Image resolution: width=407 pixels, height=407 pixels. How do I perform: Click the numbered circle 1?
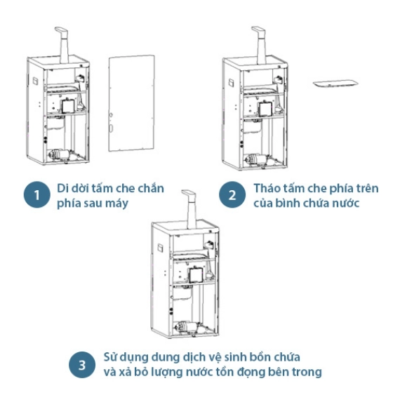point(37,194)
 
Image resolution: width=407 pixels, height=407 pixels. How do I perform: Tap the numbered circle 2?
point(232,194)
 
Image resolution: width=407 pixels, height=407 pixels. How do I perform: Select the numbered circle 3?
point(82,365)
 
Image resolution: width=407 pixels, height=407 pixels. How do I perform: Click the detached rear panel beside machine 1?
point(132,103)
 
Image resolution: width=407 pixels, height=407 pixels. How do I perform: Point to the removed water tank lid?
point(335,84)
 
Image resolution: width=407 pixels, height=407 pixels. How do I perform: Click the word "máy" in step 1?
point(119,203)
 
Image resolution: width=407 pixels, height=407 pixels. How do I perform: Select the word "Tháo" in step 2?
point(266,188)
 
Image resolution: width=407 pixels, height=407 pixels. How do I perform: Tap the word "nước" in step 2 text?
point(347,203)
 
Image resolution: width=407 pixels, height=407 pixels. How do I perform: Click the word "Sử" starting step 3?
point(110,357)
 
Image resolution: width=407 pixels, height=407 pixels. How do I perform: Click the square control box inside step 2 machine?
point(265,109)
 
